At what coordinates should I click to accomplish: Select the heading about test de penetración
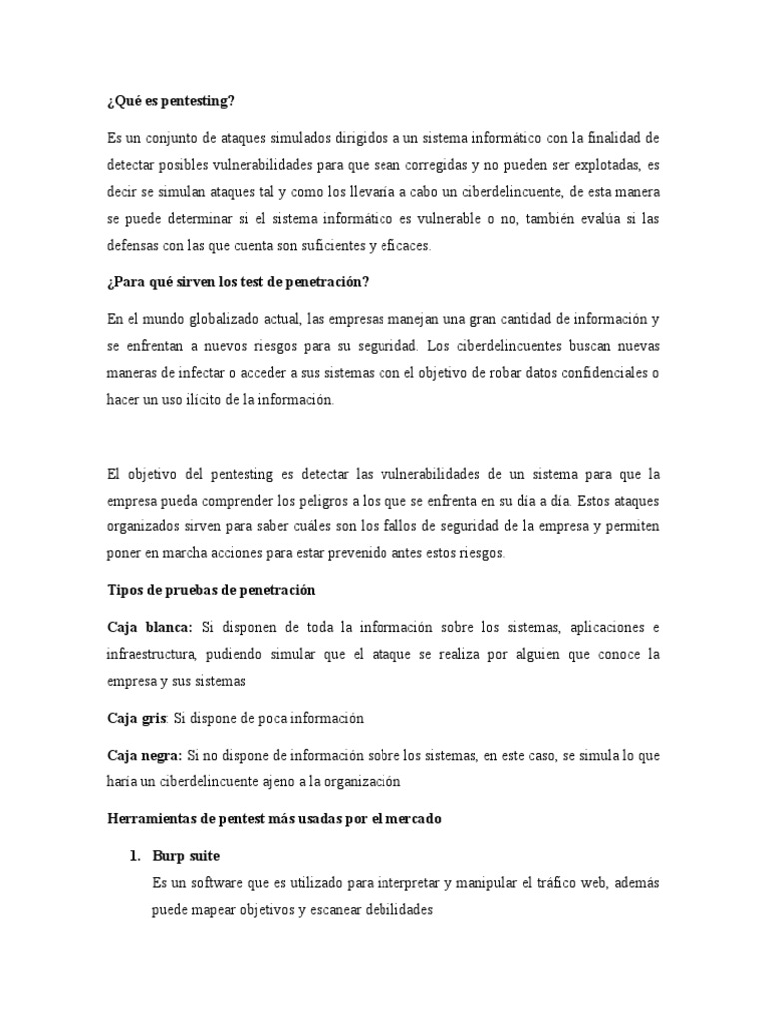(x=238, y=282)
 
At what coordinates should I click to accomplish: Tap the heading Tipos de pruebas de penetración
(x=211, y=590)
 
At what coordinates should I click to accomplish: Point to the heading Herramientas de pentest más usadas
(x=274, y=818)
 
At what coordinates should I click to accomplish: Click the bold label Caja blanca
(x=149, y=627)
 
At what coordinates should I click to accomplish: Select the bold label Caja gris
(x=136, y=718)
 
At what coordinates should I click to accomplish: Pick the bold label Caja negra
(x=144, y=755)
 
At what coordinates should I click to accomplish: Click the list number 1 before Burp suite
(x=130, y=856)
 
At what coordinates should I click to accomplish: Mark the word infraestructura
(x=154, y=654)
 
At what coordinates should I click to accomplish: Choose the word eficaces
(x=403, y=245)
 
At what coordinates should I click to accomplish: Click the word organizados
(x=146, y=526)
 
